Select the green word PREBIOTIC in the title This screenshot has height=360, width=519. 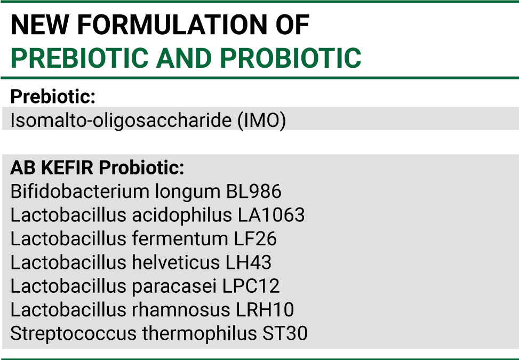pos(79,58)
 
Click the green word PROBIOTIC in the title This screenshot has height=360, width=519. pos(290,58)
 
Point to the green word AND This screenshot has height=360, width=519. pos(184,58)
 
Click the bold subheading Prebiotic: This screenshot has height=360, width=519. pos(53,97)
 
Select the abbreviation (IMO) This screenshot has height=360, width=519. pos(261,120)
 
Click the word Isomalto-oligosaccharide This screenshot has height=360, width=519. pos(121,121)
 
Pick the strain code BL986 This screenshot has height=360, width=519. pos(253,191)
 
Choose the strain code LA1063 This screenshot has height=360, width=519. pos(271,215)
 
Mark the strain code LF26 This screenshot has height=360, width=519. pos(255,238)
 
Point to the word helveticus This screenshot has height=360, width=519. pos(176,262)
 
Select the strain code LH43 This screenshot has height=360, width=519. pos(248,262)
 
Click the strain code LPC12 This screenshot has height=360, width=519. pos(251,286)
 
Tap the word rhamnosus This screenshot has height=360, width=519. pos(181,310)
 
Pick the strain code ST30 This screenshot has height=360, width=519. pos(285,333)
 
